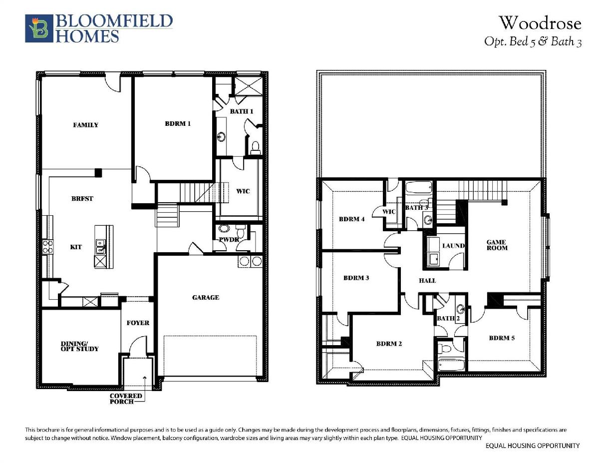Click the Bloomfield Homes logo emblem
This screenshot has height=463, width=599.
(x=39, y=28)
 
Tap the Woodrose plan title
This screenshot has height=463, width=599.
(x=540, y=23)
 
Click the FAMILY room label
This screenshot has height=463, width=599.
(x=86, y=125)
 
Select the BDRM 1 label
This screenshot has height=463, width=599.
(x=178, y=123)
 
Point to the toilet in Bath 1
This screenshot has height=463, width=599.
(x=255, y=148)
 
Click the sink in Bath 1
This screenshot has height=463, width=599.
(x=221, y=136)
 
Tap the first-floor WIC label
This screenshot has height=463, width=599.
(x=243, y=191)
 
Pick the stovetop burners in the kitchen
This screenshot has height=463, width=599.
(x=48, y=247)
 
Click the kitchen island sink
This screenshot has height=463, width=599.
(x=100, y=246)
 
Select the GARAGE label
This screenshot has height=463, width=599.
(x=206, y=297)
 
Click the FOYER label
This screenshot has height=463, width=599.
(x=138, y=323)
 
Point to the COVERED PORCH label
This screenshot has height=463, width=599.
(x=126, y=399)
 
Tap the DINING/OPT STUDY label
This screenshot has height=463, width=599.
(x=79, y=346)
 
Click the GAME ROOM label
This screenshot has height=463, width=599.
(x=497, y=245)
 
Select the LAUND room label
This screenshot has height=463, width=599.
(x=453, y=245)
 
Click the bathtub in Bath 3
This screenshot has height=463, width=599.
(x=419, y=187)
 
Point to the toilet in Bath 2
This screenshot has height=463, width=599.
(x=444, y=349)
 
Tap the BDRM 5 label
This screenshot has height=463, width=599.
(x=502, y=338)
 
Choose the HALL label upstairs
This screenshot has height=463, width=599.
(x=427, y=281)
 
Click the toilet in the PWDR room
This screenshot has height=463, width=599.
(x=241, y=231)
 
